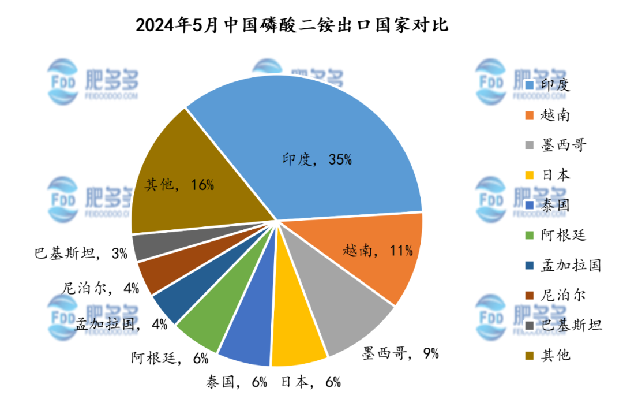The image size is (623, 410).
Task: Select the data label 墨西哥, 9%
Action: pyautogui.click(x=400, y=352)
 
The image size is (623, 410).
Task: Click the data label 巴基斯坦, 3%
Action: pyautogui.click(x=81, y=253)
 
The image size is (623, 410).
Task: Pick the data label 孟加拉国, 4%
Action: pyautogui.click(x=121, y=323)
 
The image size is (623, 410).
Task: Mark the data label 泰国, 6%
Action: pyautogui.click(x=237, y=381)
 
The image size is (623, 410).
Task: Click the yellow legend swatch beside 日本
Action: pyautogui.click(x=529, y=175)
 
